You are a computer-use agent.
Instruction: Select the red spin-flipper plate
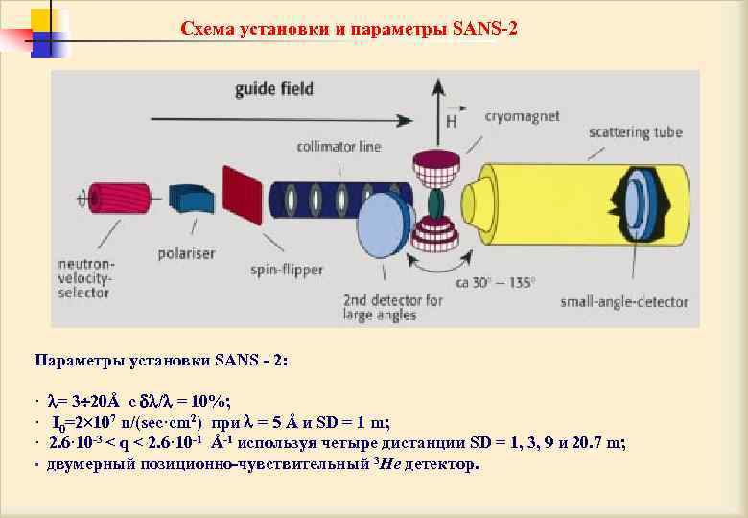242,195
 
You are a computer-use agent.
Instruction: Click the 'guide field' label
275,90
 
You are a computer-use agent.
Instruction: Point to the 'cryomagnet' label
522,116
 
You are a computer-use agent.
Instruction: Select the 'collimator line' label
338,147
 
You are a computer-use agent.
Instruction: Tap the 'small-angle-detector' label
623,302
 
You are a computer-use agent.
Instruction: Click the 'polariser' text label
187,254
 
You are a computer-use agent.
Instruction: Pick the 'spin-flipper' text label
285,271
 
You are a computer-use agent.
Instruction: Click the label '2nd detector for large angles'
394,307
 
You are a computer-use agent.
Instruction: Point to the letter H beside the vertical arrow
451,122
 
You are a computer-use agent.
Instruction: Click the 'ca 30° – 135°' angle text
497,283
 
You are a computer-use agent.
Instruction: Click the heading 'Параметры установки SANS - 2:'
160,361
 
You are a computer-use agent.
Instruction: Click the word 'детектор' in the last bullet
440,464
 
